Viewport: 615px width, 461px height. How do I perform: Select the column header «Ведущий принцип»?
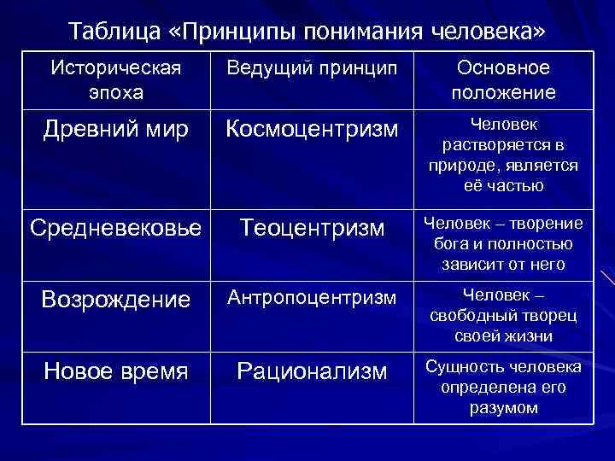(312, 69)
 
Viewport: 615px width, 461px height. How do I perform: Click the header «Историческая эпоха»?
(116, 79)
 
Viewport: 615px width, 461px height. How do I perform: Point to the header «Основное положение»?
(504, 79)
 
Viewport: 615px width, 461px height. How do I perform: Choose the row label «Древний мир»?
(116, 129)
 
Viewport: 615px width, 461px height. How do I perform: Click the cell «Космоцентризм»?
(312, 129)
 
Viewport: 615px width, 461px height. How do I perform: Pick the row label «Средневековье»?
(116, 228)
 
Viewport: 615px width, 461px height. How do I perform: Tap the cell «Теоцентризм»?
(312, 228)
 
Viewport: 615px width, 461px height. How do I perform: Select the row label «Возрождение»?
(116, 300)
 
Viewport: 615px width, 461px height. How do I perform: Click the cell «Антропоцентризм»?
(312, 298)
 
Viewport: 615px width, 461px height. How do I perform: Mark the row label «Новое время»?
(116, 371)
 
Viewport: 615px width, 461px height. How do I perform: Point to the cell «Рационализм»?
(312, 371)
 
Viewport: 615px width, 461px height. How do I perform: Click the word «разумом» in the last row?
(504, 407)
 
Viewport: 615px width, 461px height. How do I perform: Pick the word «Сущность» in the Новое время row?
(460, 367)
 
